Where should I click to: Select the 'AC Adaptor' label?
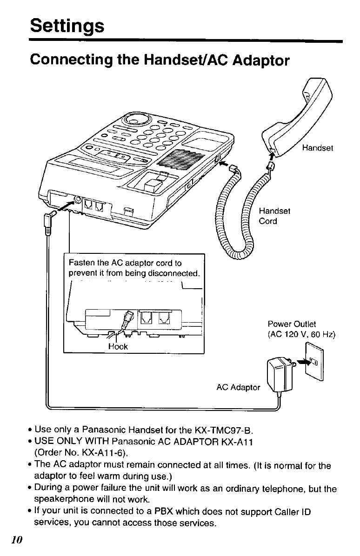pos(239,387)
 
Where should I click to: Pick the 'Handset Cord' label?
pos(274,216)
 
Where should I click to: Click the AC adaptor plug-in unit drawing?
pos(279,377)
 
